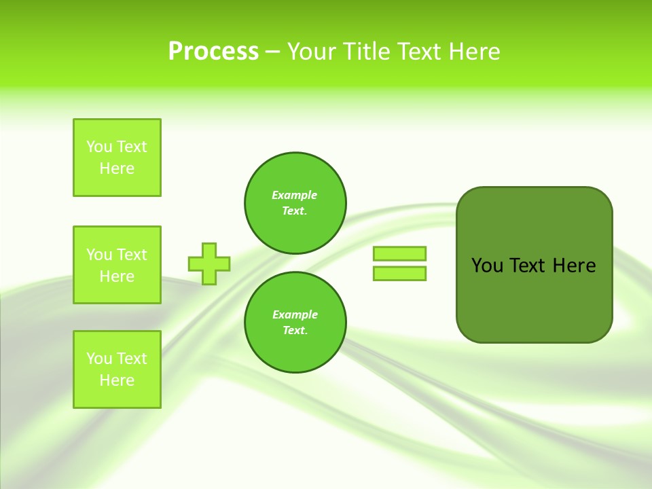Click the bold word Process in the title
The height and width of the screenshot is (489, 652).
[213, 52]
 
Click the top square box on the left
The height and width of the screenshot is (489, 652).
[117, 158]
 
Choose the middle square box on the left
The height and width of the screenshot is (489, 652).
[117, 265]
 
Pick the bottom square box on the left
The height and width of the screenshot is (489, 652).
[117, 369]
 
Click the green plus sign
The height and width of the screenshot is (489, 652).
[209, 264]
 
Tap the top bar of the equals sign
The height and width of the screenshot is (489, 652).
[399, 253]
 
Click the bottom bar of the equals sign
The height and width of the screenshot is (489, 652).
[399, 273]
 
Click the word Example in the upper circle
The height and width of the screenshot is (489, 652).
[295, 195]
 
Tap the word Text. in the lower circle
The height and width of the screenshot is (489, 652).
[295, 331]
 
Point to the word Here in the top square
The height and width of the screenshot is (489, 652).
[117, 168]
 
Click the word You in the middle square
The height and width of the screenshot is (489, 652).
[99, 255]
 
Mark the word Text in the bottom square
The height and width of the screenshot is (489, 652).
[132, 359]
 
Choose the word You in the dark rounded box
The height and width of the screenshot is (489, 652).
[487, 266]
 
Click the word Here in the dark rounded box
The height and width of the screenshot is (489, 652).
[574, 266]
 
